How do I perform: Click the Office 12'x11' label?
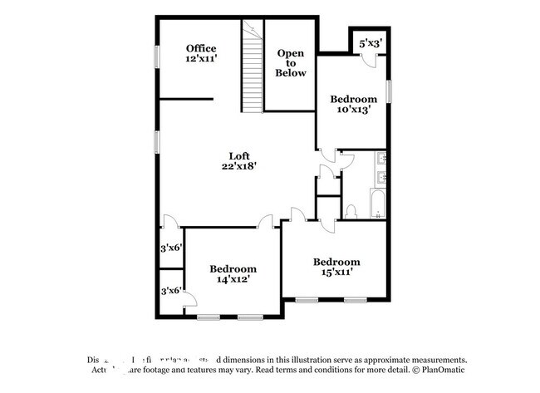click(x=201, y=53)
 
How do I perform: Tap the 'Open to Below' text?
click(x=291, y=63)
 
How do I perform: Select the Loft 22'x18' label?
click(x=238, y=160)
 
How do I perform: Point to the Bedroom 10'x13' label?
click(x=354, y=103)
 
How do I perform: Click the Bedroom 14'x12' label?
click(x=233, y=274)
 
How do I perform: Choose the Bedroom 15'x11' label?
click(x=336, y=266)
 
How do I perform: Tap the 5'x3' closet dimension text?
click(x=370, y=42)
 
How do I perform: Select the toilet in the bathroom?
click(x=351, y=211)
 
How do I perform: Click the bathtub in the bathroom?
click(x=376, y=204)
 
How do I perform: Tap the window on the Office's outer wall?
click(x=155, y=55)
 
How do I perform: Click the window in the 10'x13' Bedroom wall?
click(x=389, y=91)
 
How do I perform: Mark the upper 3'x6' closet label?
click(x=171, y=248)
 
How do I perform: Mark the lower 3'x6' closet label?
click(x=171, y=291)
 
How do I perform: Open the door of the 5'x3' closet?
click(x=371, y=57)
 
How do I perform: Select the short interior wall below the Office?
click(x=184, y=100)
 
